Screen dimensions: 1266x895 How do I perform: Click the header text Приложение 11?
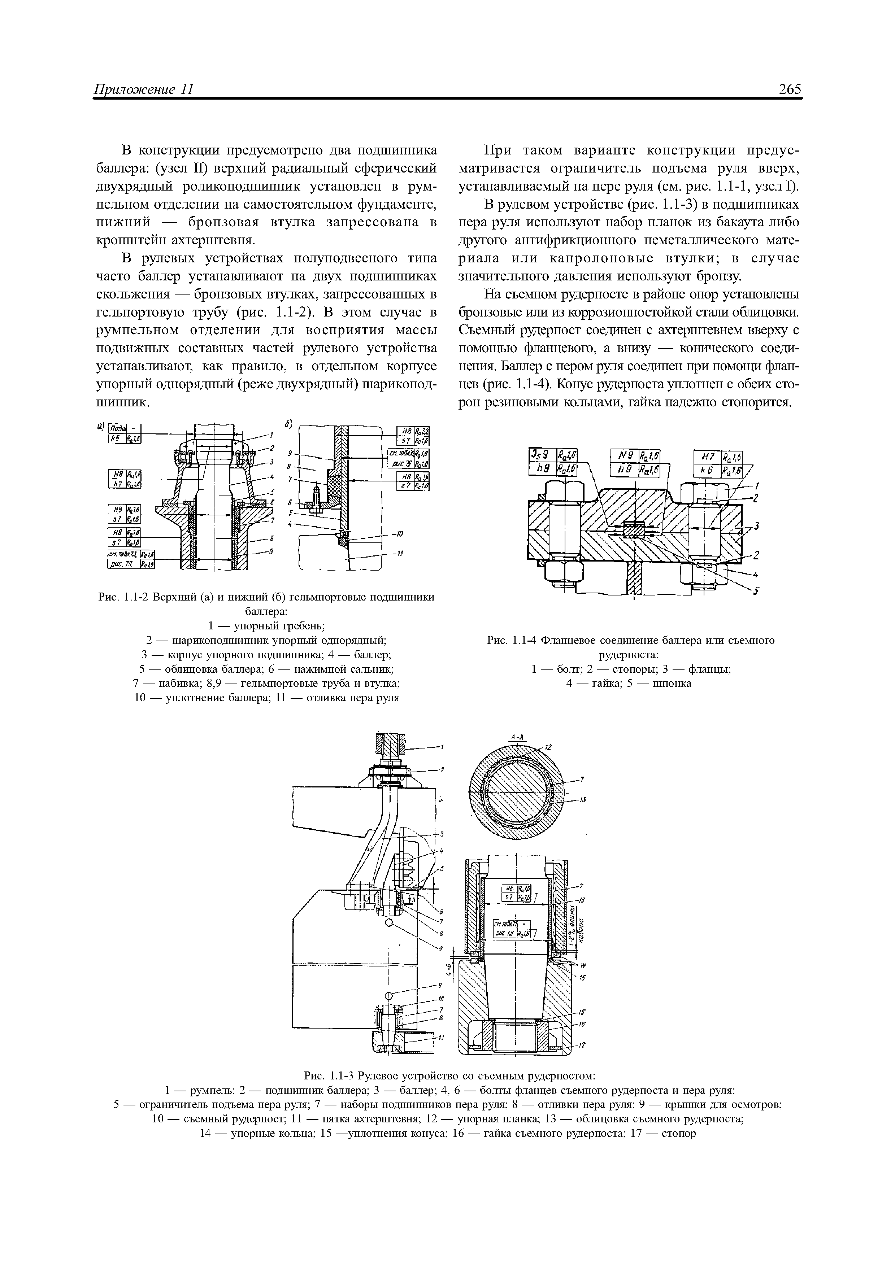coord(143,90)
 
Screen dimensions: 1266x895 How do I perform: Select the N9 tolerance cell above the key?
coord(624,456)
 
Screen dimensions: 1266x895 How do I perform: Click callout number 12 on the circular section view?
coord(548,748)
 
